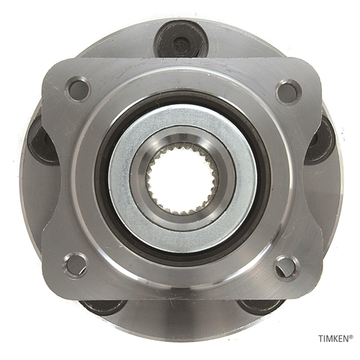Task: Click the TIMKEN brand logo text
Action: pos(334,338)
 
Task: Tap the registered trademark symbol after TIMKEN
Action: pos(351,336)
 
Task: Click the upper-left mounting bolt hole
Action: pos(78,89)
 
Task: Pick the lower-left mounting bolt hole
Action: pos(75,266)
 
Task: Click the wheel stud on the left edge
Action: pos(41,143)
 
